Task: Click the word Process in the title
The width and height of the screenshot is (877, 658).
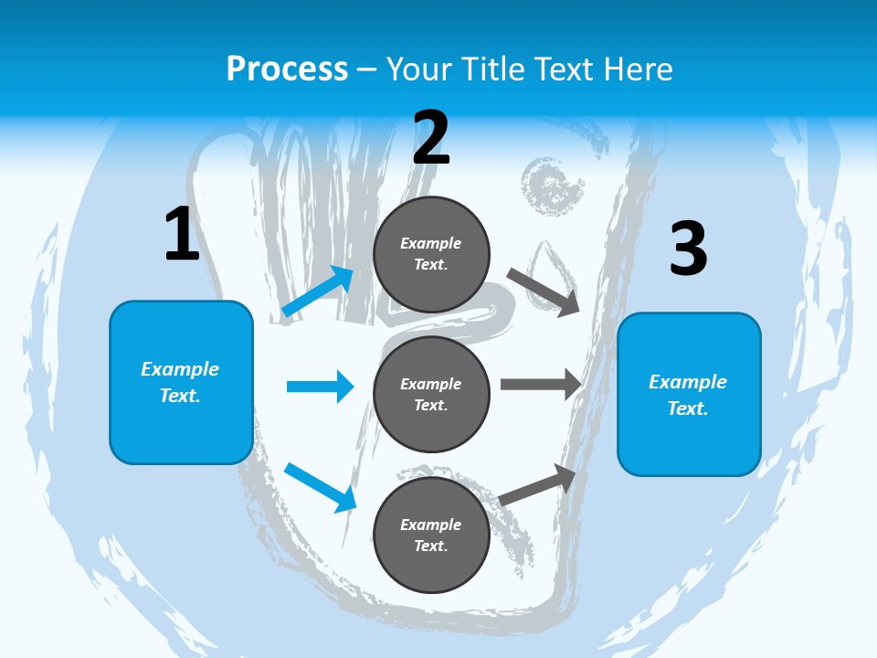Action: pos(287,69)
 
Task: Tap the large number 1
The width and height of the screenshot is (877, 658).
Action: pos(181,235)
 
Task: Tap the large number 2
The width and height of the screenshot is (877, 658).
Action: pos(431,139)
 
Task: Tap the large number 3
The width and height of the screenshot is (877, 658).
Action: pos(688,250)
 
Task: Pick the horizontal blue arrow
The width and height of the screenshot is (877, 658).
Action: pos(320,387)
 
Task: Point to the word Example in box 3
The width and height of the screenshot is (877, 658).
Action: pos(688,382)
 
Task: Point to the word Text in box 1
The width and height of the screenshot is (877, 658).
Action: pos(180,396)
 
